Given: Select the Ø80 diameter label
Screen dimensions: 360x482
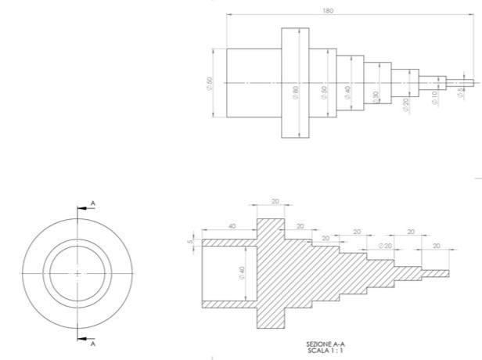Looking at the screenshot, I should [x=296, y=92].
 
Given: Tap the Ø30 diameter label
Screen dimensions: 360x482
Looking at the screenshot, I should [x=376, y=96].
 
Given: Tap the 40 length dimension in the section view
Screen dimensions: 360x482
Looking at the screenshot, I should [x=230, y=226].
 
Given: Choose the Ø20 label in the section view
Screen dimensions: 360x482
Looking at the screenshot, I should [x=384, y=247].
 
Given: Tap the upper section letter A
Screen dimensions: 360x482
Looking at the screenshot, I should [x=93, y=203].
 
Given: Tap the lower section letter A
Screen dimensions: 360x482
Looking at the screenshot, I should [x=93, y=343].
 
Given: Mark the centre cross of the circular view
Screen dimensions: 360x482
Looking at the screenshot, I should [x=77, y=272].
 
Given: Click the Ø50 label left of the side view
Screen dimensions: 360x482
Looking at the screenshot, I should [x=210, y=83].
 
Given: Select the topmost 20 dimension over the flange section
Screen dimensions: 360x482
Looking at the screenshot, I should [x=275, y=201].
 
